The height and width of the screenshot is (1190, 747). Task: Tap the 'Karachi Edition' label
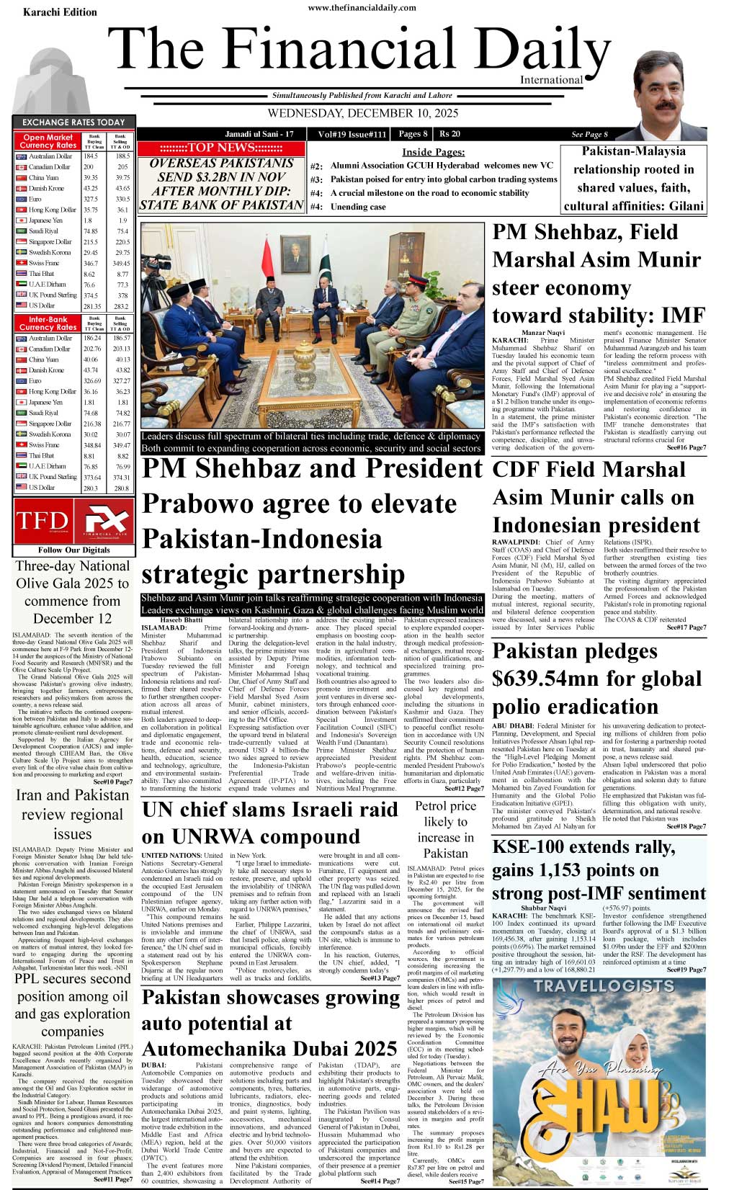point(60,12)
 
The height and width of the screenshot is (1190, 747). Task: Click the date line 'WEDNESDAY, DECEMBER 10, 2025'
point(362,113)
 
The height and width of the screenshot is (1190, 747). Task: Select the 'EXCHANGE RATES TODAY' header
point(73,122)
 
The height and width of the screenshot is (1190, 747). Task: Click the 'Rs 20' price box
point(449,134)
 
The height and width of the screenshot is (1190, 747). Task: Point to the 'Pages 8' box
point(413,134)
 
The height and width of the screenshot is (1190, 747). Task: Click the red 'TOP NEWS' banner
point(221,148)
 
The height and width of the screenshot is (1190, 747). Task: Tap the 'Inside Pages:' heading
point(433,152)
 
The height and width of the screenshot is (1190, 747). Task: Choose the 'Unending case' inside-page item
point(358,207)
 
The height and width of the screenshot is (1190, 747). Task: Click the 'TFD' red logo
point(43,521)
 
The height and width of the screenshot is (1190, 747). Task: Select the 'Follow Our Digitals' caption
point(73,550)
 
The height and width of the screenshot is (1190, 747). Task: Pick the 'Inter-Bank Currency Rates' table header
point(48,323)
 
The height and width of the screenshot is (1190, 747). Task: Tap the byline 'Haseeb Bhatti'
point(182,619)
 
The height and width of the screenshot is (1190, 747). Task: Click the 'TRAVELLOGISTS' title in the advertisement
point(604,985)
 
